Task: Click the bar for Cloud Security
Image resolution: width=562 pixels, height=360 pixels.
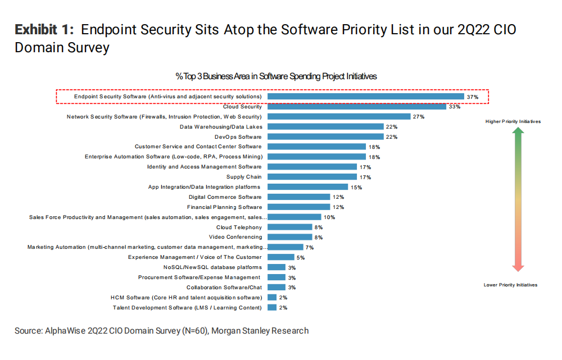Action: pos(356,107)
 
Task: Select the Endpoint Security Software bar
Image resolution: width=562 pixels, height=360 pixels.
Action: pos(365,97)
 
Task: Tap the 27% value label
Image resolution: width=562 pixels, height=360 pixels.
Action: pos(418,117)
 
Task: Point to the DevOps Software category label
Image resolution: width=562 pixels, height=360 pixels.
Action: pos(238,137)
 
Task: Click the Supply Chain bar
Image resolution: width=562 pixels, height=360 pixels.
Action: pos(312,177)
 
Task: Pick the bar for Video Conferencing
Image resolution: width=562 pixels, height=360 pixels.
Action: pos(289,237)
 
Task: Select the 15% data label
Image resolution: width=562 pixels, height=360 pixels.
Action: pos(356,188)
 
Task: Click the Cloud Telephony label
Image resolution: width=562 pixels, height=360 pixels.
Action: pos(239,227)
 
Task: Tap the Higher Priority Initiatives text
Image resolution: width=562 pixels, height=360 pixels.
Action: pos(513,121)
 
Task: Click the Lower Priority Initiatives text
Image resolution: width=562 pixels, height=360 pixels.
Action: pos(510,285)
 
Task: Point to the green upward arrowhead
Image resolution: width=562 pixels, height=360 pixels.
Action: pos(519,131)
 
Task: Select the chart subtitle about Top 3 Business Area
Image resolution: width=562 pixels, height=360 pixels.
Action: pos(276,76)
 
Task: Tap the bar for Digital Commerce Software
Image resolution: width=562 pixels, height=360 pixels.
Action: pos(298,197)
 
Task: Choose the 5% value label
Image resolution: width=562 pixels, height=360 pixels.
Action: pos(300,258)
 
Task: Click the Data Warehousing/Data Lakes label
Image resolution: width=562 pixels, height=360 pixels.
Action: pos(220,127)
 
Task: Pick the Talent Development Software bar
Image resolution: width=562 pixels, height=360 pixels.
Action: pos(272,307)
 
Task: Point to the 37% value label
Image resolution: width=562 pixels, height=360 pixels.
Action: pos(472,97)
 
